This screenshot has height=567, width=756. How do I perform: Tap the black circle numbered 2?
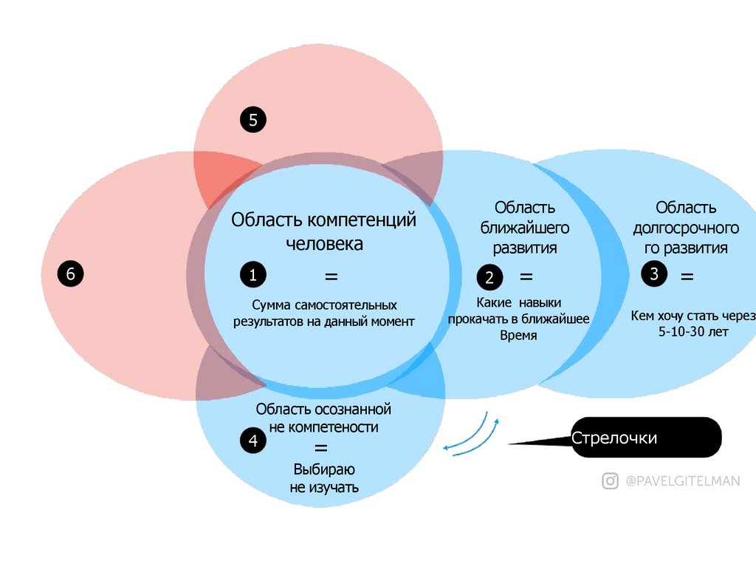tap(489, 278)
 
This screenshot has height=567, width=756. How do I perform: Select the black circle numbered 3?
tap(654, 274)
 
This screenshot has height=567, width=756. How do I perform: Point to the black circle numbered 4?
tap(253, 441)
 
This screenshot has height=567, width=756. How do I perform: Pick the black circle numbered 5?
tap(252, 120)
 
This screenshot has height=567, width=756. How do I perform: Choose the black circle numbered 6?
tap(71, 274)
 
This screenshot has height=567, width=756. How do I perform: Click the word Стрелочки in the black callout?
tap(614, 438)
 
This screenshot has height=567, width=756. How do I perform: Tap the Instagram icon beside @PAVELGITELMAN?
tap(610, 481)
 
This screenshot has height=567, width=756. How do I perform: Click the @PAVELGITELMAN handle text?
tap(681, 481)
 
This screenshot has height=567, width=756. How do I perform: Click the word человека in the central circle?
tap(324, 244)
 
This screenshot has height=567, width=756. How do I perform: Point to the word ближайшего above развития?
tap(525, 228)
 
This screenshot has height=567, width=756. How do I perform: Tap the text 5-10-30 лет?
tap(693, 332)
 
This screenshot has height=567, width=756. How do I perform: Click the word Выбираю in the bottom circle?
tap(324, 469)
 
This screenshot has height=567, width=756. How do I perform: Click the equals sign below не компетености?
tap(321, 447)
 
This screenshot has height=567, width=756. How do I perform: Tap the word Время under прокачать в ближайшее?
tap(518, 336)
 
